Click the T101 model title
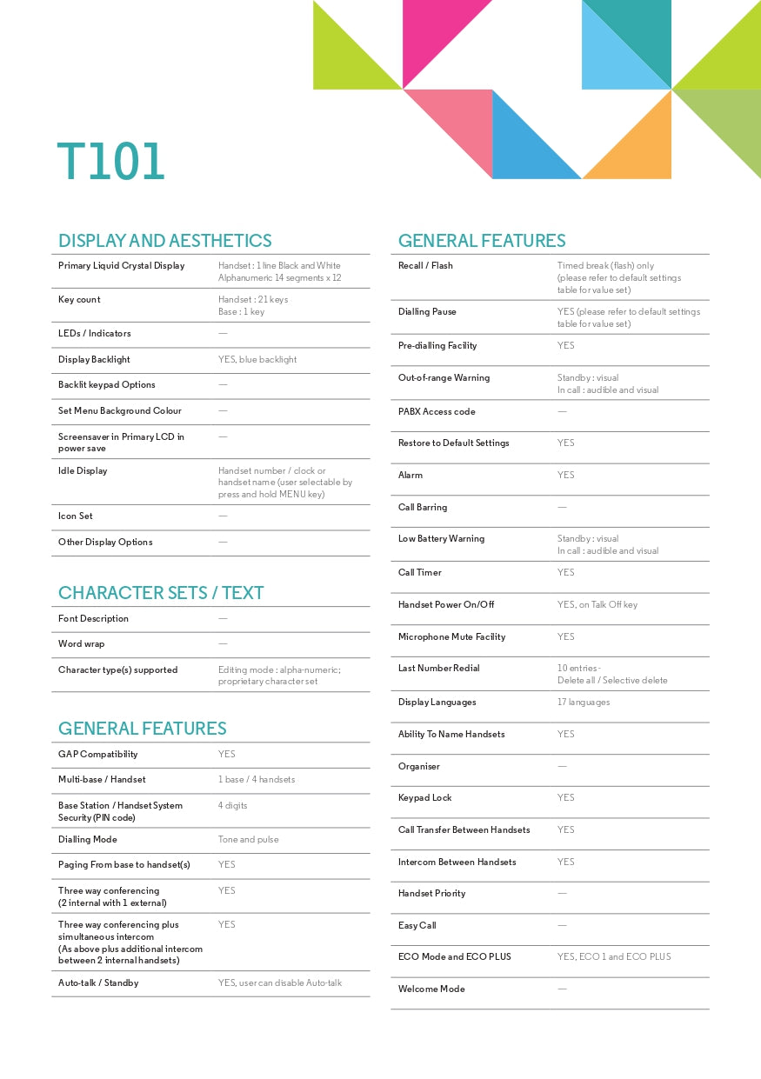(x=110, y=162)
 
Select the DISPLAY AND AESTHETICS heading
(x=164, y=241)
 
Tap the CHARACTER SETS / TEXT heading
(x=161, y=593)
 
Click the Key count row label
(x=79, y=300)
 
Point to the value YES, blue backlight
(x=257, y=360)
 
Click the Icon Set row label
(x=76, y=516)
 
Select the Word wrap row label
(x=82, y=644)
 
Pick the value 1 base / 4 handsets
(x=257, y=780)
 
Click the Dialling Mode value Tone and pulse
(x=249, y=840)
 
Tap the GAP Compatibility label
(x=98, y=755)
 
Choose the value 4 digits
(x=233, y=806)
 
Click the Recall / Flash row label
(x=425, y=266)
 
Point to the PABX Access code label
(x=437, y=412)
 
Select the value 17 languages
(x=584, y=703)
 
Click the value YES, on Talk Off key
(x=597, y=605)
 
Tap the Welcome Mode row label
(x=431, y=989)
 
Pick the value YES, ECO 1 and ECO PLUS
(x=614, y=957)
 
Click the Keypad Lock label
(x=425, y=798)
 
